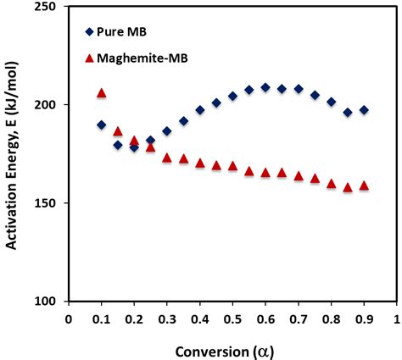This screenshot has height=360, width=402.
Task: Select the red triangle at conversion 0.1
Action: coord(101,93)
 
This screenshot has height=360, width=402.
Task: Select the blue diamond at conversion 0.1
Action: coord(101,125)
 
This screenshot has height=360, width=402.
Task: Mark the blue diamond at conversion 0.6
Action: coord(265,87)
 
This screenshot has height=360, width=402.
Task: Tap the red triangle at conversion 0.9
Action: coord(364,186)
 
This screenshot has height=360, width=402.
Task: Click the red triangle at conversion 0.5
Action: coord(232,166)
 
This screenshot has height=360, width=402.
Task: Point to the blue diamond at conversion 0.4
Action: coord(200,110)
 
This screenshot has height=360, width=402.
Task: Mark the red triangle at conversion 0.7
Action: coord(299,176)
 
